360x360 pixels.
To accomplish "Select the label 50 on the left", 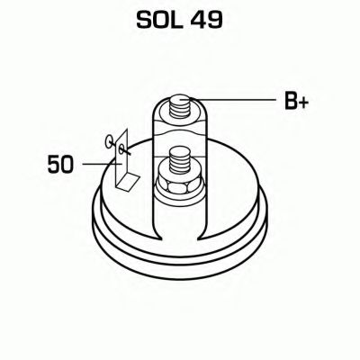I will [59, 164].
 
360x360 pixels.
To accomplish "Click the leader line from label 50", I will [95, 164].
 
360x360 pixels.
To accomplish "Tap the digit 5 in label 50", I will [52, 164].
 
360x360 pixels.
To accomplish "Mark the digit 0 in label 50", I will [67, 164].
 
